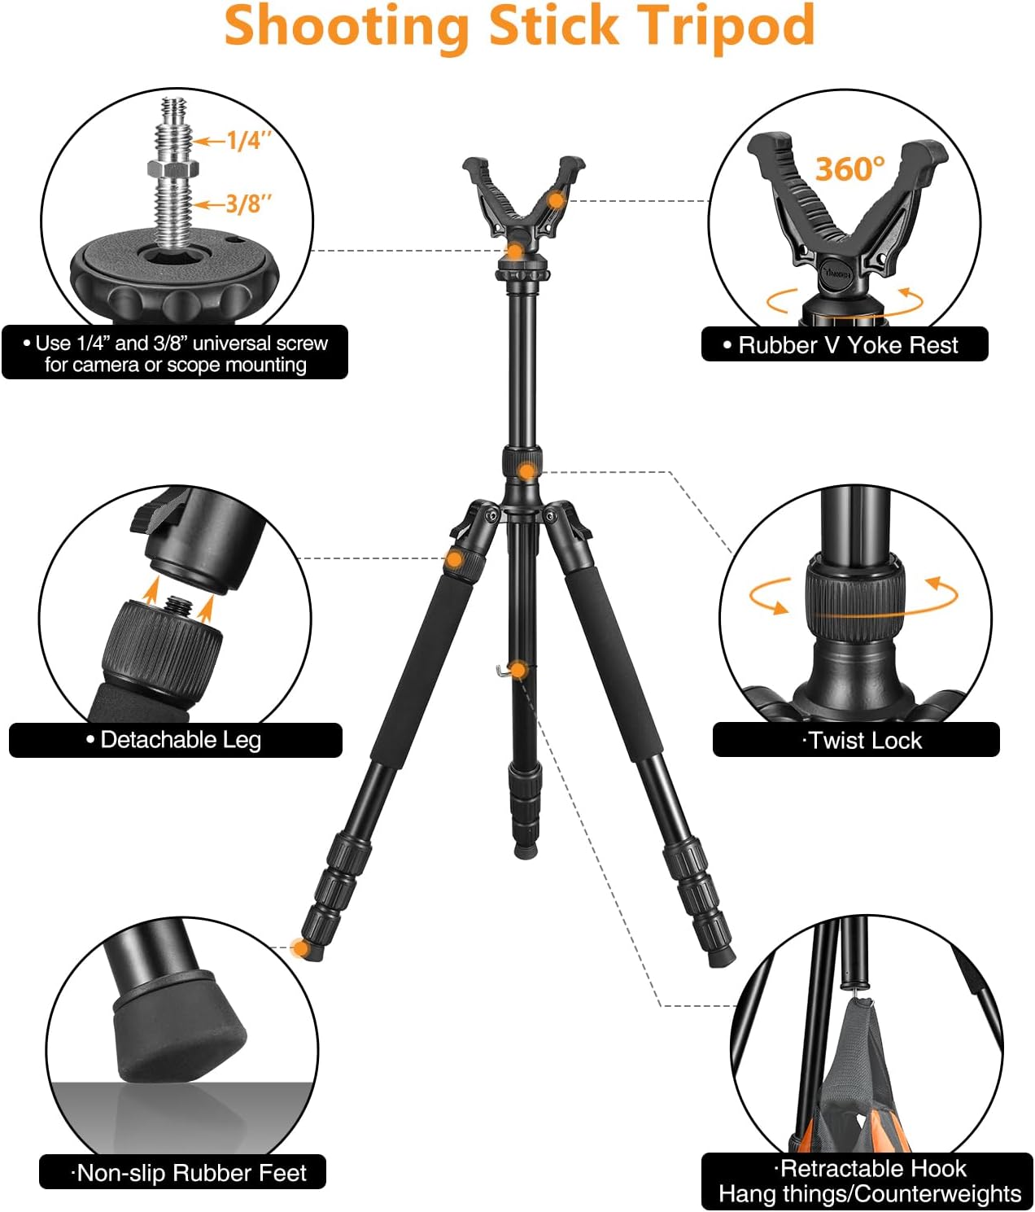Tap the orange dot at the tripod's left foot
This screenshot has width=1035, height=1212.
click(301, 947)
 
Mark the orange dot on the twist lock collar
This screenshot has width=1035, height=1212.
click(527, 470)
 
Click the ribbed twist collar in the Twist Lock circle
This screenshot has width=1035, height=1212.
click(855, 593)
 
